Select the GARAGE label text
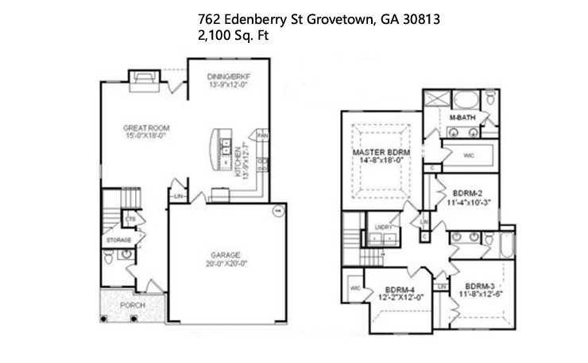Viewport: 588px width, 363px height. (226, 255)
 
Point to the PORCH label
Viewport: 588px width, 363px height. (132, 306)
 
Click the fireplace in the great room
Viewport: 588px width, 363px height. (145, 76)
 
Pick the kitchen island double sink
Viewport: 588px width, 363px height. (226, 146)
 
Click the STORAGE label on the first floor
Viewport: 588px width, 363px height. (118, 238)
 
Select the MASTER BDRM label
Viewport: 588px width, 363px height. (380, 152)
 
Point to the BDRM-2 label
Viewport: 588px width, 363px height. (467, 193)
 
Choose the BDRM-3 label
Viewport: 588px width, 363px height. (480, 286)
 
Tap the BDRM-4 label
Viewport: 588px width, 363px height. (400, 289)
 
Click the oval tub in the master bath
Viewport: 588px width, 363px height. (467, 101)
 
